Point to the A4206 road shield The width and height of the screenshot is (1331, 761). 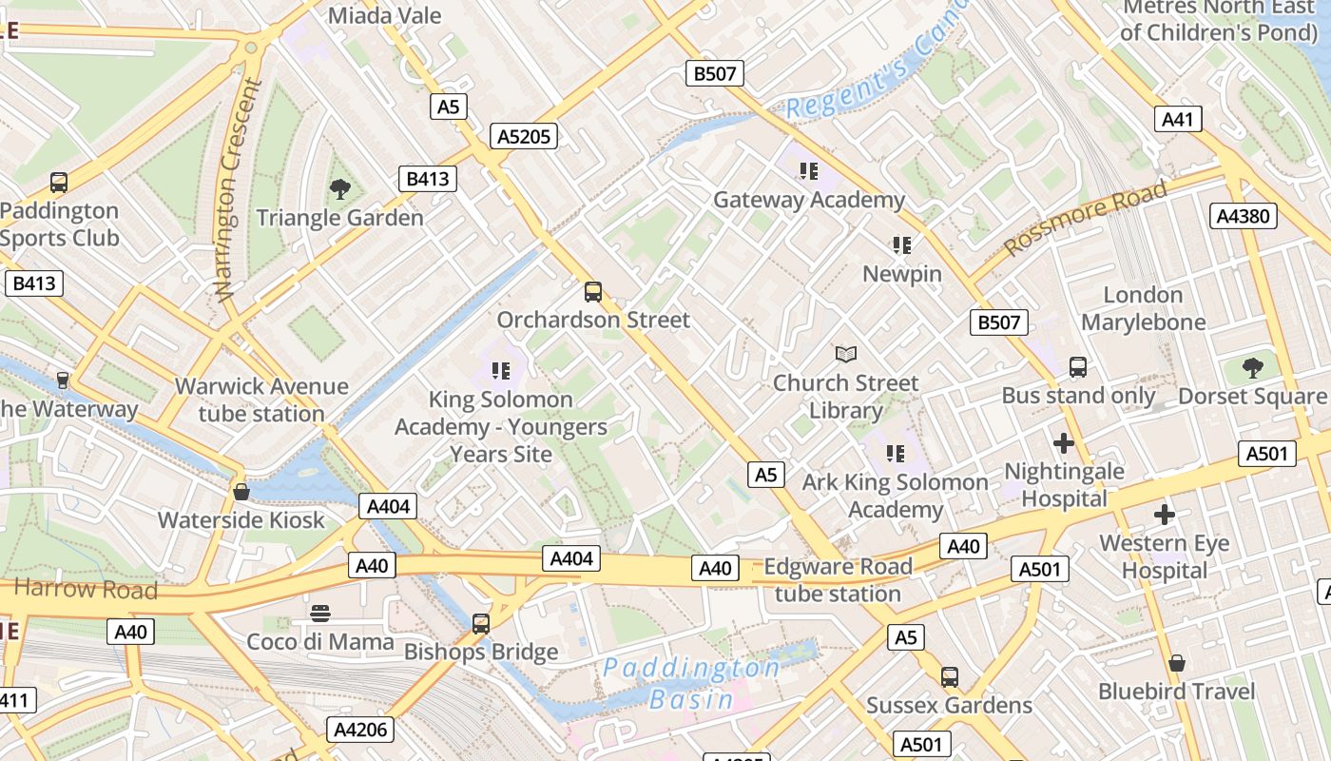point(360,730)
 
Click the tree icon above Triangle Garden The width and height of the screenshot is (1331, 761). point(339,189)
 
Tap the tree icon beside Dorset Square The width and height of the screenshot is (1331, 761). point(1253,368)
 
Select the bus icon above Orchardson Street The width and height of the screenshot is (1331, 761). point(593,292)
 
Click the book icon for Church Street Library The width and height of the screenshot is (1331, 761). point(845,355)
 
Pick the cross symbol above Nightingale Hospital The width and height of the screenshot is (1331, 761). point(1064,443)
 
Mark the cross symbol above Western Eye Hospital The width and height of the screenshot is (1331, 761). point(1164,516)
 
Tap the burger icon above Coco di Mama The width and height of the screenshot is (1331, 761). point(320,614)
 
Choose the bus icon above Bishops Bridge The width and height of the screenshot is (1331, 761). point(481,624)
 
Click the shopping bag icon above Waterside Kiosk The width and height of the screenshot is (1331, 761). point(241,492)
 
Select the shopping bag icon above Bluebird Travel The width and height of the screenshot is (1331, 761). point(1177,663)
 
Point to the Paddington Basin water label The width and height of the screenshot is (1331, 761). point(691,684)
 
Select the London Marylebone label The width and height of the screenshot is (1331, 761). point(1143,308)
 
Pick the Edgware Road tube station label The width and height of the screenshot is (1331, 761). point(838,580)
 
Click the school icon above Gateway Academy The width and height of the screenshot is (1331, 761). point(809,171)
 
